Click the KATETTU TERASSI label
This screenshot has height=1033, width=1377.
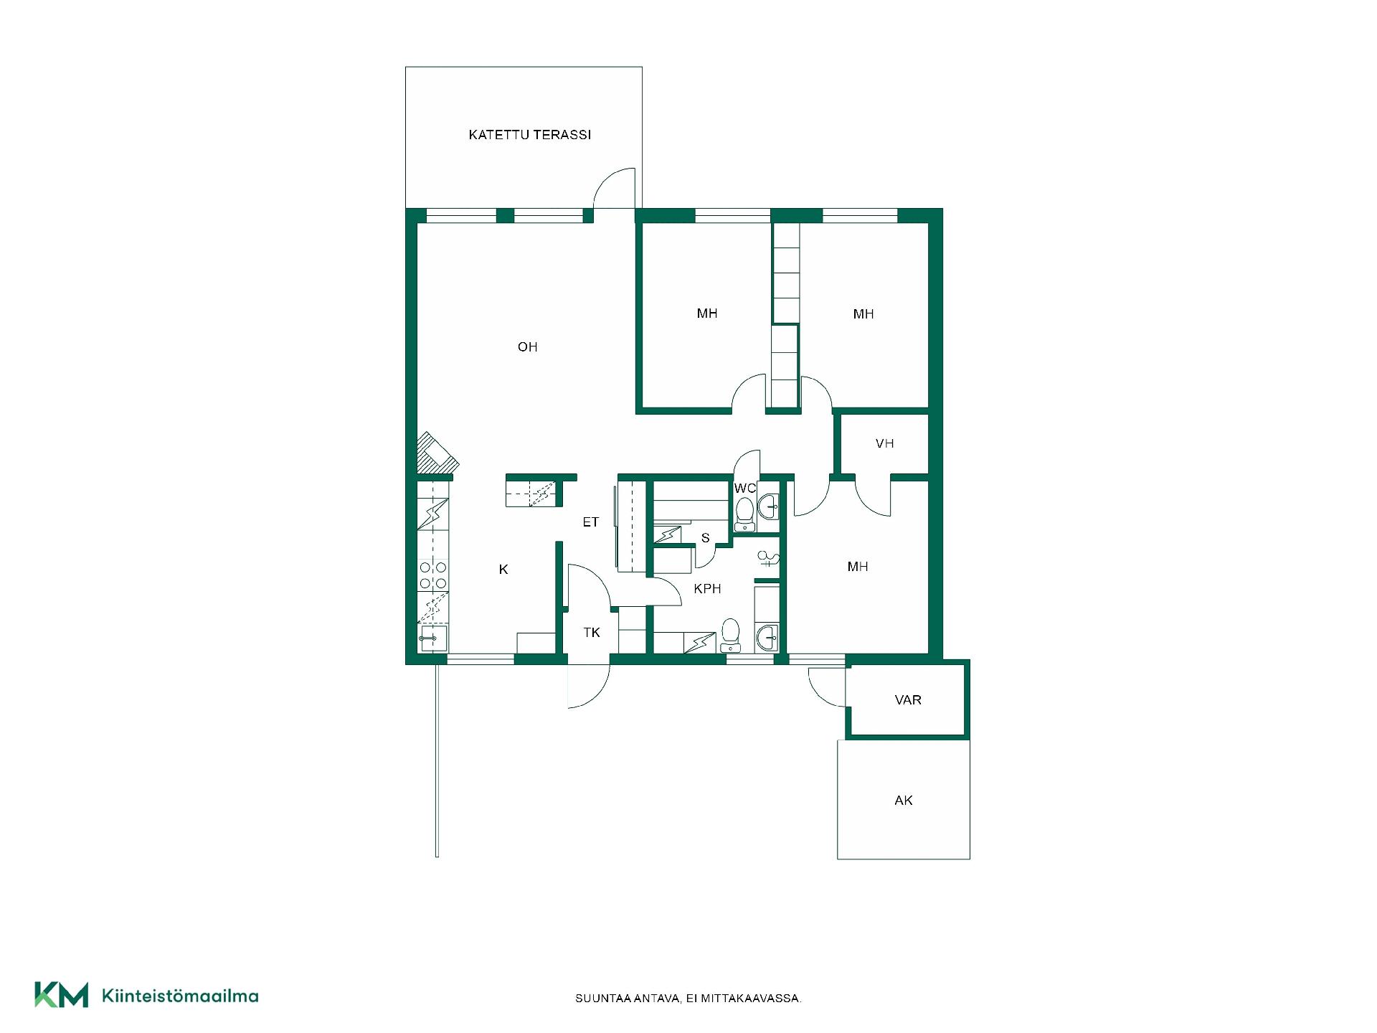coord(529,135)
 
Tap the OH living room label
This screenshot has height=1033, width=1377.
coord(527,347)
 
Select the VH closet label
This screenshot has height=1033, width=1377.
coord(884,443)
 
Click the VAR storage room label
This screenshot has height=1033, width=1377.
coord(908,699)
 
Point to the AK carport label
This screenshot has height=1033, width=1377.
coord(904,800)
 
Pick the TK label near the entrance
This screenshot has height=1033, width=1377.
coord(592,633)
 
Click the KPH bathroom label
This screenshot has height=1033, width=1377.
coord(707,589)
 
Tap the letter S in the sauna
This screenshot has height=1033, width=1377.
coord(706,538)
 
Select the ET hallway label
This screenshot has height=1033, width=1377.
coord(590,522)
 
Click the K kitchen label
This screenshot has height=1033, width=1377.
coord(503,570)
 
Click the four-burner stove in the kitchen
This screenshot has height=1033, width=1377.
coord(433,575)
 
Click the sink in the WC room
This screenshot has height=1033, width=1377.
coord(768,506)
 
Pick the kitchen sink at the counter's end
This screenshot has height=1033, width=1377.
coord(432,638)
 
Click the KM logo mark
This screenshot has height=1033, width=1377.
coord(62,994)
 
